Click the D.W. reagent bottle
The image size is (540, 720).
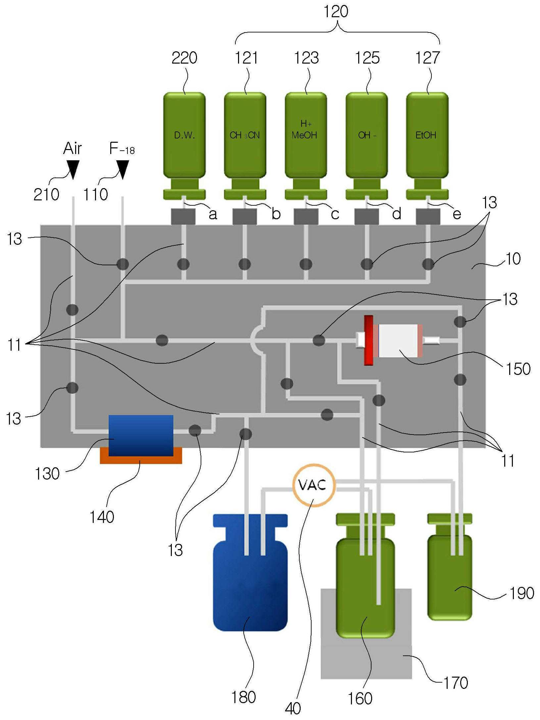[x=184, y=146]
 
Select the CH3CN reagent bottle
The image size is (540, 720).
[x=245, y=146]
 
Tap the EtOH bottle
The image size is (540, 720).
[x=427, y=146]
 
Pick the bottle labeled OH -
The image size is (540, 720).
[x=367, y=146]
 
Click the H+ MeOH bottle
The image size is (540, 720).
[x=306, y=146]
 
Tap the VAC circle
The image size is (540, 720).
[x=314, y=486]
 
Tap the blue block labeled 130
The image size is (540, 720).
[x=141, y=436]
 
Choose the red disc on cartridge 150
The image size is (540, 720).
[x=368, y=340]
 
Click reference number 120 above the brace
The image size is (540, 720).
[x=336, y=12]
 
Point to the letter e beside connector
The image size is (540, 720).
[x=457, y=214]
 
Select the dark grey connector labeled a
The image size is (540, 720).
[x=183, y=217]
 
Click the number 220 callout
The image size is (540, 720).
[x=184, y=58]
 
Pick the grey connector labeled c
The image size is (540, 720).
[x=306, y=217]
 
